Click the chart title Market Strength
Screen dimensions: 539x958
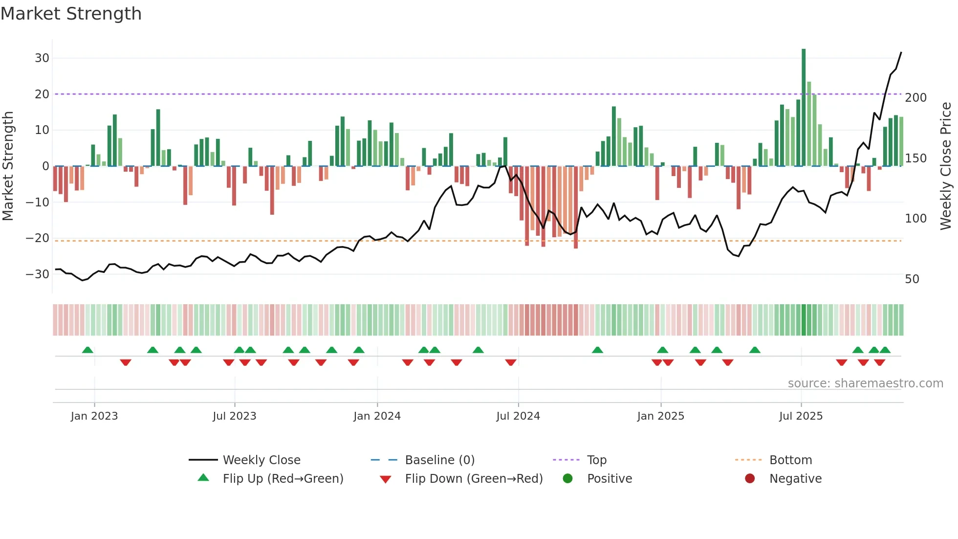(71, 14)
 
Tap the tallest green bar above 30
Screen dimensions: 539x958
(804, 108)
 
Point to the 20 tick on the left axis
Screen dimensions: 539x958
(42, 94)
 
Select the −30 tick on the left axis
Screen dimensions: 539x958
(38, 274)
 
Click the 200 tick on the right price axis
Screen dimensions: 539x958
(915, 97)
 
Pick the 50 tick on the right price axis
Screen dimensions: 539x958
(912, 279)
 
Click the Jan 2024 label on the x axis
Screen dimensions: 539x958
(377, 416)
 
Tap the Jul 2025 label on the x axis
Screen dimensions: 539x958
(801, 416)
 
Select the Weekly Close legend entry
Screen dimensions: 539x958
(261, 460)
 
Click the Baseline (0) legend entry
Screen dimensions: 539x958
(439, 460)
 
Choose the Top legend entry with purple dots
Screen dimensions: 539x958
(596, 460)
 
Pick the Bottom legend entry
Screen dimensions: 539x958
(790, 460)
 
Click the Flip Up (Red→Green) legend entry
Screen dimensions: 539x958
(283, 478)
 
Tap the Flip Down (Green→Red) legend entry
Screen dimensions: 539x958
(474, 478)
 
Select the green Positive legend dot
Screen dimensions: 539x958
(567, 478)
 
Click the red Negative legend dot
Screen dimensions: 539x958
(750, 478)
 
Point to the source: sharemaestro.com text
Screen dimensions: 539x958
(865, 383)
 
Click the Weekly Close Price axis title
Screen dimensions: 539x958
(946, 166)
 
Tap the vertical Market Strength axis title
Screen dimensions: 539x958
(8, 166)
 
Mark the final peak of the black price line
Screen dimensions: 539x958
(901, 52)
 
